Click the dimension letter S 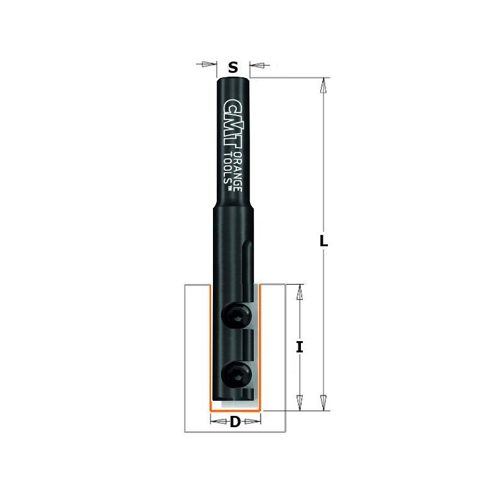(233, 67)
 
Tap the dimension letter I (300, 346)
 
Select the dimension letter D (235, 422)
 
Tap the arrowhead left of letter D (215, 422)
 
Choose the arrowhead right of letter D (254, 422)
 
